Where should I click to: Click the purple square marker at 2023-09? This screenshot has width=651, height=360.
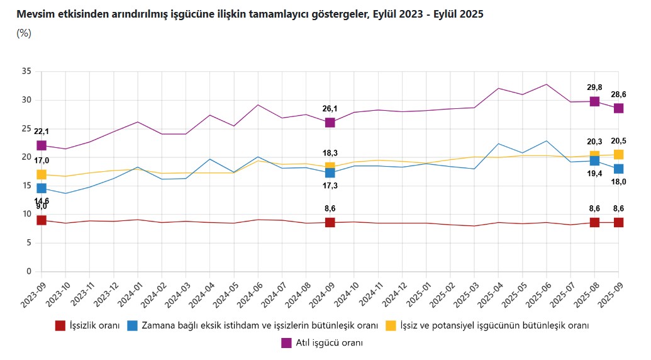coord(42,145)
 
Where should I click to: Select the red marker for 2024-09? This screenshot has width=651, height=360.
coord(330,222)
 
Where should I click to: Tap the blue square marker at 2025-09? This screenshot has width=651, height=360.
coord(618,168)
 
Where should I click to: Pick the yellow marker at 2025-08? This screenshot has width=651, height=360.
coord(594,155)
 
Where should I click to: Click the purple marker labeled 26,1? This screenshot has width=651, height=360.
coord(330,122)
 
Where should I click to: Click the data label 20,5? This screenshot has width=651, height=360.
coord(618,141)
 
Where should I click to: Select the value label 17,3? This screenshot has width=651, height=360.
coord(330,186)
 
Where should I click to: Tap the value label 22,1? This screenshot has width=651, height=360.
coord(42,132)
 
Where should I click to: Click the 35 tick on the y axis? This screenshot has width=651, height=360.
coord(26,71)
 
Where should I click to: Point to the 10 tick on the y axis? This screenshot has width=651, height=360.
coord(26,214)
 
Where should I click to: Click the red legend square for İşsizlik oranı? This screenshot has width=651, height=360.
coord(60,325)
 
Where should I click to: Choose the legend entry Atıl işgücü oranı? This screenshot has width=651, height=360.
coord(328,343)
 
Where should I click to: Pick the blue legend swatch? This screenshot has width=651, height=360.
coord(133,325)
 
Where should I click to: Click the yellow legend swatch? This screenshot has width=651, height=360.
coord(391,325)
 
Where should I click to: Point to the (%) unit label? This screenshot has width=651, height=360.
coord(24,33)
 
